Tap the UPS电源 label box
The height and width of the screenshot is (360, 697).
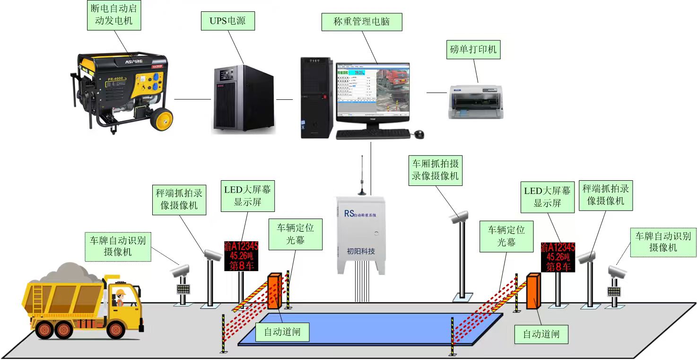tap(227, 21)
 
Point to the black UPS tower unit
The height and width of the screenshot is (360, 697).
tap(242, 99)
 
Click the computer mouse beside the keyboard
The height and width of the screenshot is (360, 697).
tap(419, 134)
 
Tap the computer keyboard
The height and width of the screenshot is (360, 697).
tap(373, 134)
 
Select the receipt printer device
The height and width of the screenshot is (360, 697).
tap(476, 101)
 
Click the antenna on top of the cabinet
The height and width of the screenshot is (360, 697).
tap(362, 175)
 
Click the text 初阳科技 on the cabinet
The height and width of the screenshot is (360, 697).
tap(361, 251)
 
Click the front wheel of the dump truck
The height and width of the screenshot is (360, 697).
tap(115, 329)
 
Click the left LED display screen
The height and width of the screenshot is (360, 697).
tap(241, 256)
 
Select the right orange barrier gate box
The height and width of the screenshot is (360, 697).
tap(533, 291)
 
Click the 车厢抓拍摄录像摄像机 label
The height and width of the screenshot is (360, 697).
tap(436, 170)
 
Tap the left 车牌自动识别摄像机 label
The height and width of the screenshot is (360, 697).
tap(118, 246)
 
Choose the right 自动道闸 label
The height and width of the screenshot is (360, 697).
tap(541, 334)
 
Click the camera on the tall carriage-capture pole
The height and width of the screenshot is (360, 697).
tap(459, 217)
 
